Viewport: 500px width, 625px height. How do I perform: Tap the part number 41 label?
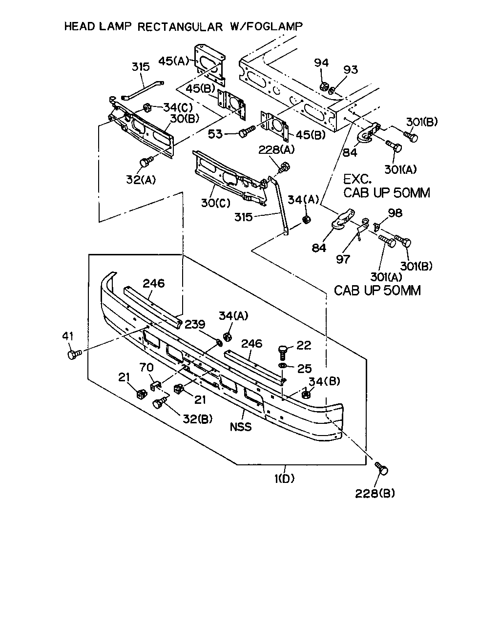coord(68,336)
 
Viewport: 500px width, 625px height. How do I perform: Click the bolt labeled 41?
coord(73,354)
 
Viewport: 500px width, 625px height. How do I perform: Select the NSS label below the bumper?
coord(241,427)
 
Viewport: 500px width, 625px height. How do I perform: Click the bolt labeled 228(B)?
coord(382,468)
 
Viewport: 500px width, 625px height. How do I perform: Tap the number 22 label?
coord(304,345)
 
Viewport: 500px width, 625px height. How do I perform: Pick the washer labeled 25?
coord(282,365)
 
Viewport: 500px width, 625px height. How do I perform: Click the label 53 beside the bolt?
coord(215,134)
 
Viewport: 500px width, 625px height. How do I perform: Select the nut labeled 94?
coord(323,86)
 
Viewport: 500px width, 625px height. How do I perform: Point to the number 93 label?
coord(351,70)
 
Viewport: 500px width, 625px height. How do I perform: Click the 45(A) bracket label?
coord(173,61)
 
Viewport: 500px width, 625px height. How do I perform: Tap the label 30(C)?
coord(215,203)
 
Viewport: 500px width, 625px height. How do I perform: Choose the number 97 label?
coord(343,259)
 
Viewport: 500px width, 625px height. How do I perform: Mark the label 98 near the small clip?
coord(395,213)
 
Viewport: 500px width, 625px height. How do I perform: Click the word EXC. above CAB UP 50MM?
coord(357,179)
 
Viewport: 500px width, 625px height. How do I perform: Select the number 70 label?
coord(146,367)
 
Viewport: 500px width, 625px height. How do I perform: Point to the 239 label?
coord(195,324)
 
